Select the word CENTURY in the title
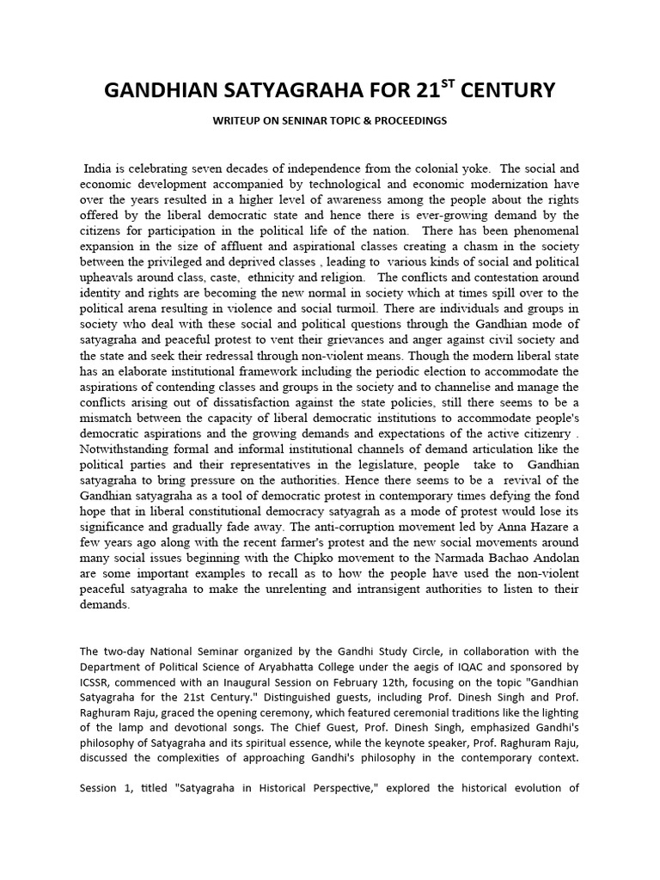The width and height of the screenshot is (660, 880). [x=516, y=90]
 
